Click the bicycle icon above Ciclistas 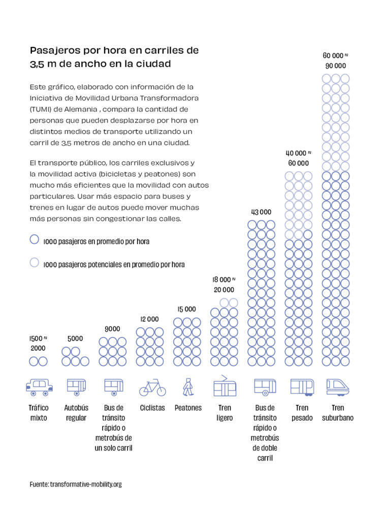[152, 388]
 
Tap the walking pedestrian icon [188, 387]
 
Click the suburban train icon [337, 387]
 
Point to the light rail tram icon [225, 387]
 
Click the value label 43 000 [261, 212]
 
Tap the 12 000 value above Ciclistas [149, 319]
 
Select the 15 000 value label [186, 309]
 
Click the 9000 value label [112, 329]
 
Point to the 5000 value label [75, 338]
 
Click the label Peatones [188, 408]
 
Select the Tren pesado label [302, 413]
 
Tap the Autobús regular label [76, 413]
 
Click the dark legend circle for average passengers [35, 240]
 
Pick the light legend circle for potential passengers [35, 263]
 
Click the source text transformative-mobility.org [86, 484]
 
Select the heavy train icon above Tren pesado [302, 387]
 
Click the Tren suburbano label [337, 413]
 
